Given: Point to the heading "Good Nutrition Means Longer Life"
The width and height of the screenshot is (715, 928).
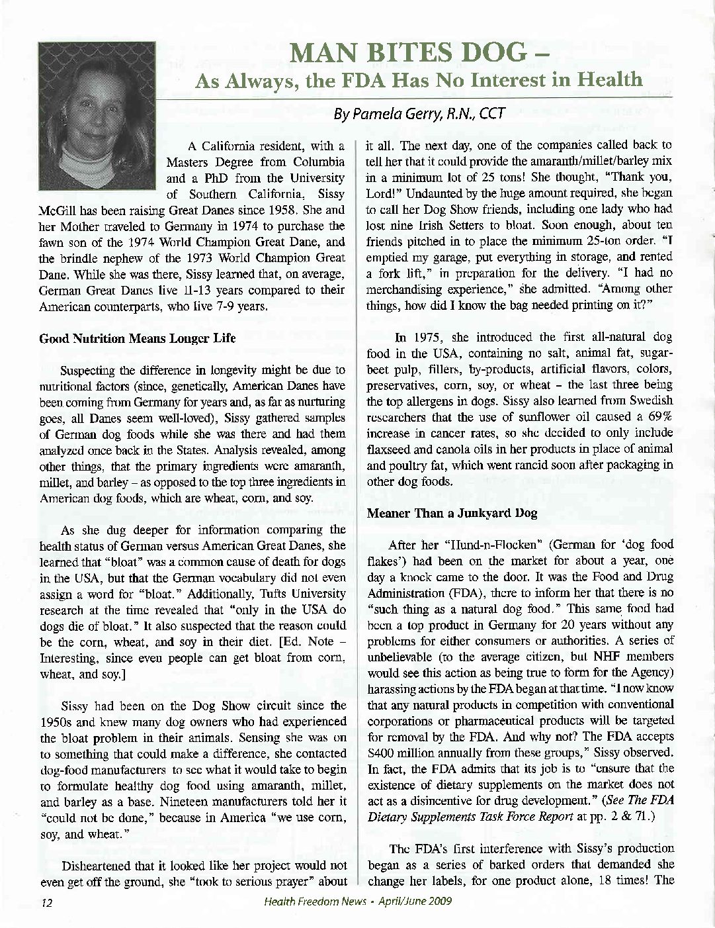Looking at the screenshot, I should point(138,338).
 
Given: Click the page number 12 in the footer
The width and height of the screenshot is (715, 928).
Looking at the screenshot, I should point(46,902).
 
